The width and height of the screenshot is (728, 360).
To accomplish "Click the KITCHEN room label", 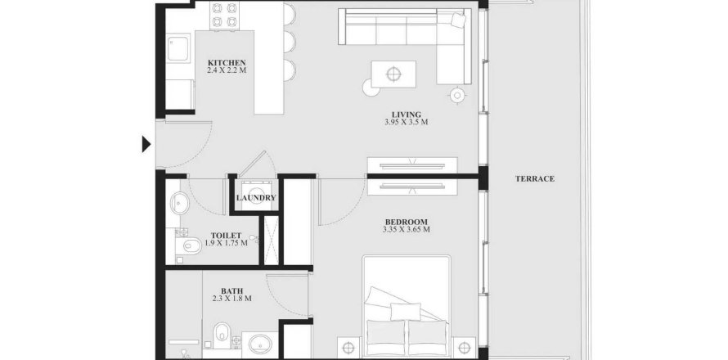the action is [x=227, y=63].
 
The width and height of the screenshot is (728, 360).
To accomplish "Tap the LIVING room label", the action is [x=407, y=115].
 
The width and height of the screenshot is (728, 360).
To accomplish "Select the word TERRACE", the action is [x=535, y=178].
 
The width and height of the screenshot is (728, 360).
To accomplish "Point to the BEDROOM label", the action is [x=407, y=222].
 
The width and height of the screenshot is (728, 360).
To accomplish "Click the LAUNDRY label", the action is [x=256, y=197].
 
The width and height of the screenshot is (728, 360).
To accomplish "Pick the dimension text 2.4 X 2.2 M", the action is [x=227, y=70].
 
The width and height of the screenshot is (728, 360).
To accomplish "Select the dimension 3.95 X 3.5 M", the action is [x=407, y=122].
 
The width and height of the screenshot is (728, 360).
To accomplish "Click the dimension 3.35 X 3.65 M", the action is [x=407, y=229].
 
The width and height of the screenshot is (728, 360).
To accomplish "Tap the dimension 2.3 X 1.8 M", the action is [x=231, y=299].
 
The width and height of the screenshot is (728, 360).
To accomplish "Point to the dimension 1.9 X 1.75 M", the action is [x=226, y=242].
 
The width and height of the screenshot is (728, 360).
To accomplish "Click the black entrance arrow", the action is [x=146, y=145].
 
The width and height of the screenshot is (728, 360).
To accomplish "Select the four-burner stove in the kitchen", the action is [x=225, y=16].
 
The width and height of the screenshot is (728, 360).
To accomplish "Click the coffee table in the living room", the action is [x=393, y=74].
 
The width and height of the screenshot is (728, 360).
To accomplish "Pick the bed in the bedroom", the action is [x=407, y=307].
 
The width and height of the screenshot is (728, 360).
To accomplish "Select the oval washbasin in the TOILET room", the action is [x=180, y=204].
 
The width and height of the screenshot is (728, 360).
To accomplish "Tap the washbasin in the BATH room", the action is [x=259, y=344].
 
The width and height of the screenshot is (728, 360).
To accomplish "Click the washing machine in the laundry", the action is [x=255, y=196].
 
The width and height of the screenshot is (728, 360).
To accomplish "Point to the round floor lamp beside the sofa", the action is [x=457, y=95].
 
